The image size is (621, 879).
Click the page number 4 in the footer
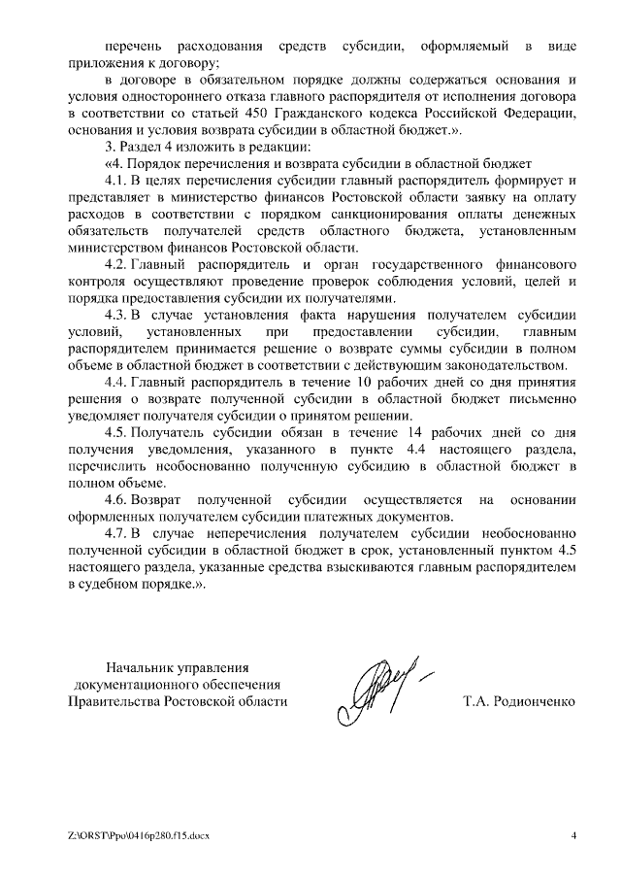pyautogui.click(x=573, y=835)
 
